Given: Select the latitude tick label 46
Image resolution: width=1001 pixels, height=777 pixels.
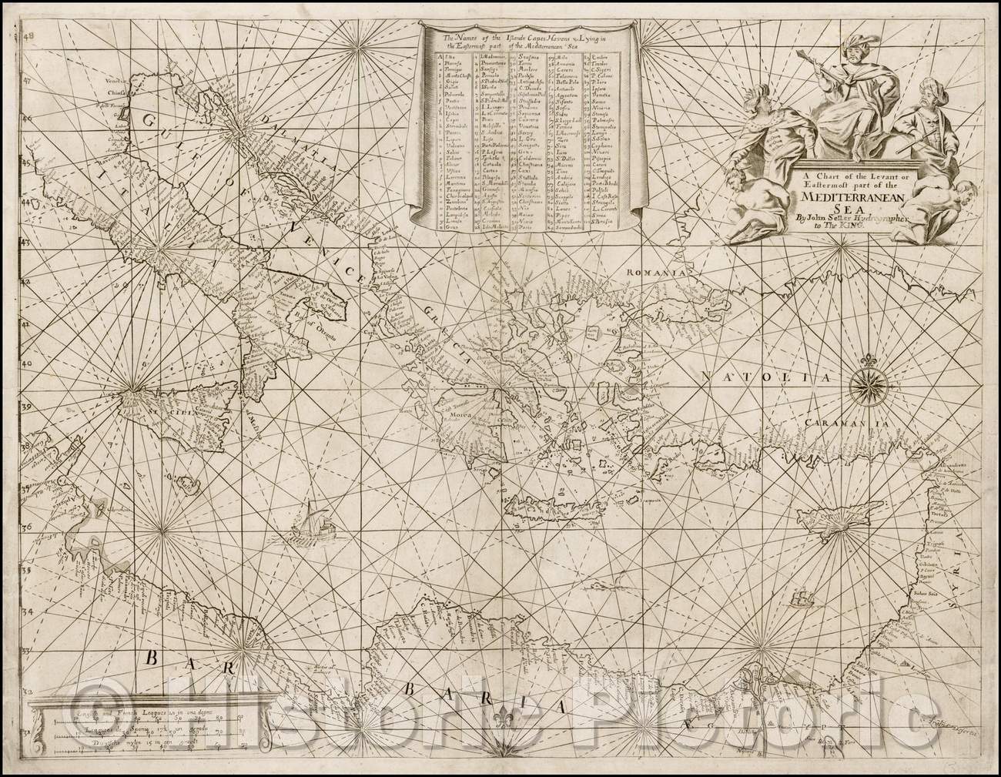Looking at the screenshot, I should pos(28,120).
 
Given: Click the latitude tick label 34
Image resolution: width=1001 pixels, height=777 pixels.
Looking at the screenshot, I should pos(28,612).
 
